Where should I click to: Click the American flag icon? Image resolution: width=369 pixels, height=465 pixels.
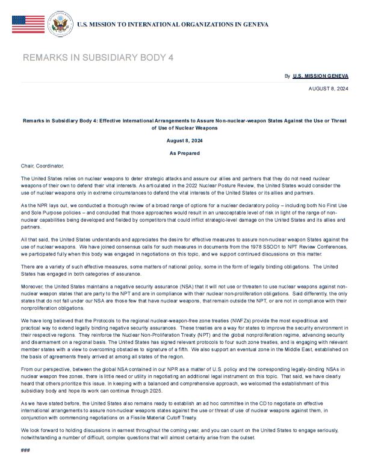pos(28,24)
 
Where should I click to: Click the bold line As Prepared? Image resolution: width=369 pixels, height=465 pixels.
pos(184,154)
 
